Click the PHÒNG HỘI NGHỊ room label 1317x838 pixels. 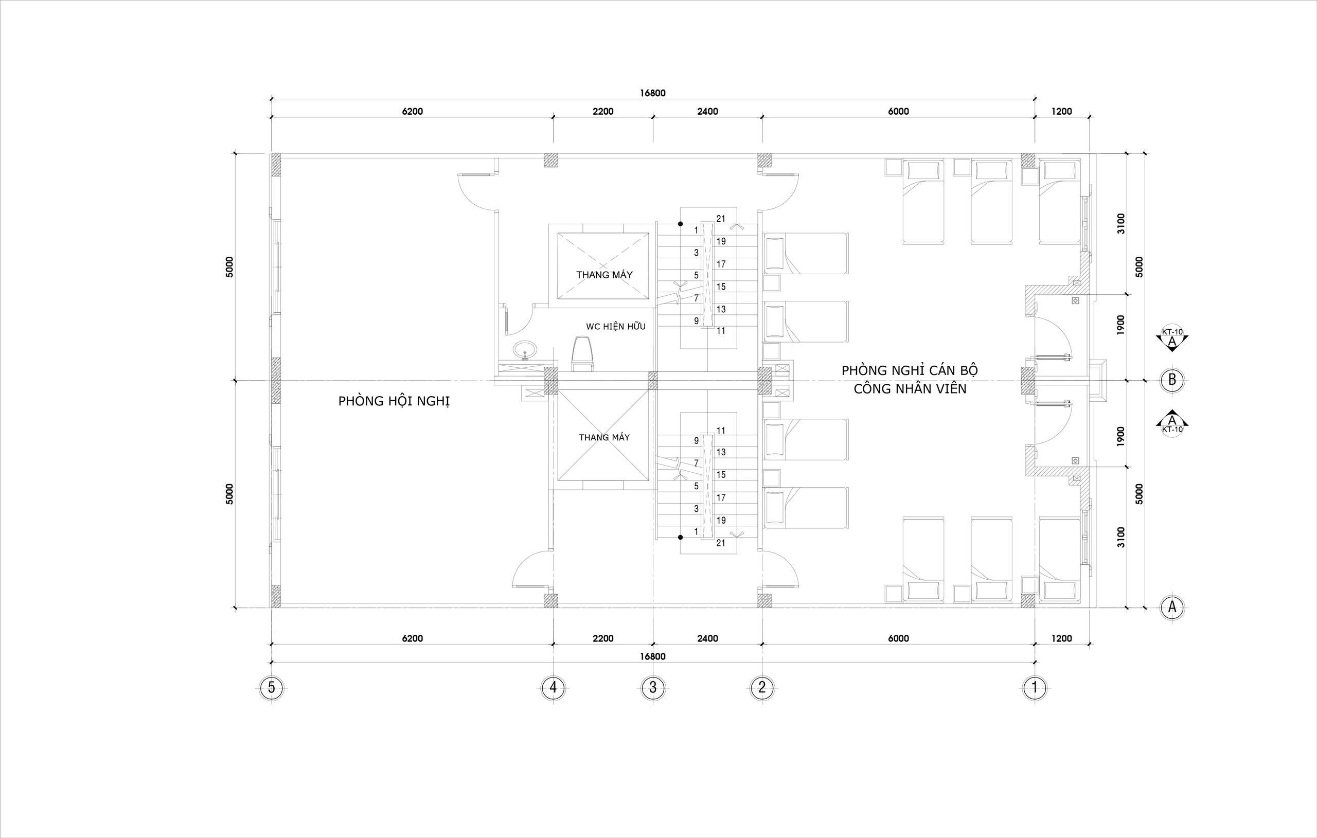[394, 401]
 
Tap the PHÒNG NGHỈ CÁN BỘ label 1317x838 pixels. [910, 370]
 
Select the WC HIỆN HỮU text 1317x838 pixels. [615, 327]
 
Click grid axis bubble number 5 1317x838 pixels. [271, 687]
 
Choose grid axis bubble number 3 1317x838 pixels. [652, 687]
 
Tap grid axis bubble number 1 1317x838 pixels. [1034, 687]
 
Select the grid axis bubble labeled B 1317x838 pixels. [1172, 380]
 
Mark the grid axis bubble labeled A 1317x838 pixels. [1172, 607]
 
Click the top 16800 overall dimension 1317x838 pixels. [652, 93]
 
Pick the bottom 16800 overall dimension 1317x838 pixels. [652, 656]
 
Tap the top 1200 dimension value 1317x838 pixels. [1062, 112]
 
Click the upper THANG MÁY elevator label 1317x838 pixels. [604, 275]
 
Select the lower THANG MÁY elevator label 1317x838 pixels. [604, 438]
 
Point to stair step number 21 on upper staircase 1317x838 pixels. [721, 219]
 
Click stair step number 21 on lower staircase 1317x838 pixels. [721, 543]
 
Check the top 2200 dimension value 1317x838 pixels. [603, 112]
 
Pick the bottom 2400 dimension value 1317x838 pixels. [707, 638]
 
